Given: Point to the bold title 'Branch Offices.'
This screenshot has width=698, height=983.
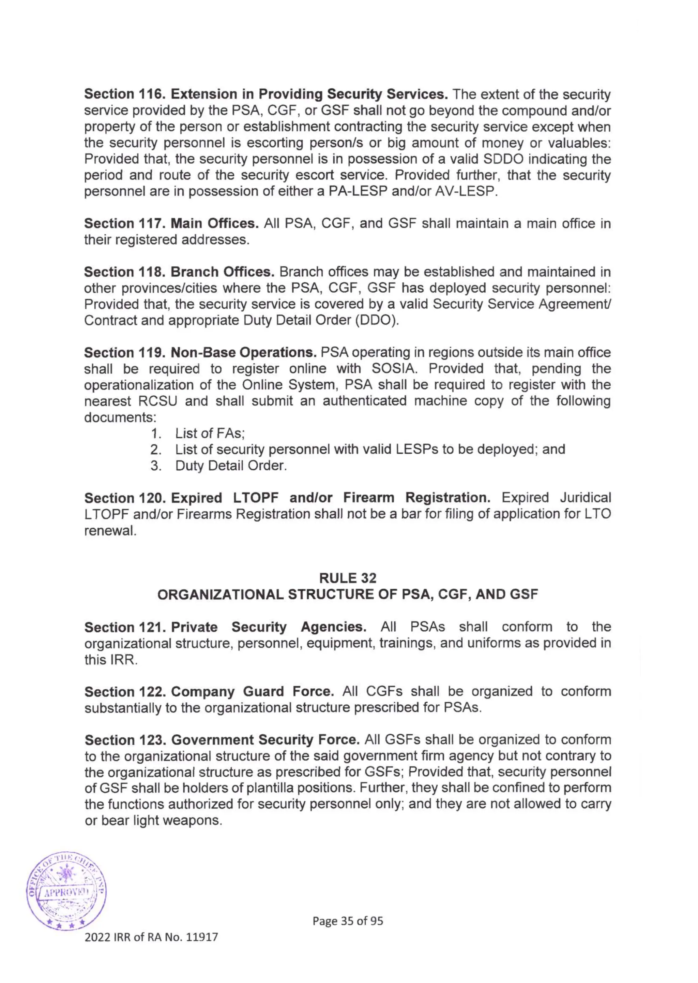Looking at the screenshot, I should (x=222, y=272).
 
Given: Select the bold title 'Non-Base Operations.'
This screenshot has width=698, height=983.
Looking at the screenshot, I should (x=243, y=353).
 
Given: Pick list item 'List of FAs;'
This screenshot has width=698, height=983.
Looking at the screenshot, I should (x=210, y=434).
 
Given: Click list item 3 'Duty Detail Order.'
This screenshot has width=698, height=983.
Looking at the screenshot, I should (x=231, y=466).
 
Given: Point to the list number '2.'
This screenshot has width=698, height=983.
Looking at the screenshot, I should (x=156, y=450).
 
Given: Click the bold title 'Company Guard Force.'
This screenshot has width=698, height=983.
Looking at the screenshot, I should (x=252, y=691).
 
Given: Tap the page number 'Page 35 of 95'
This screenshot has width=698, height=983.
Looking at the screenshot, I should (x=347, y=921).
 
